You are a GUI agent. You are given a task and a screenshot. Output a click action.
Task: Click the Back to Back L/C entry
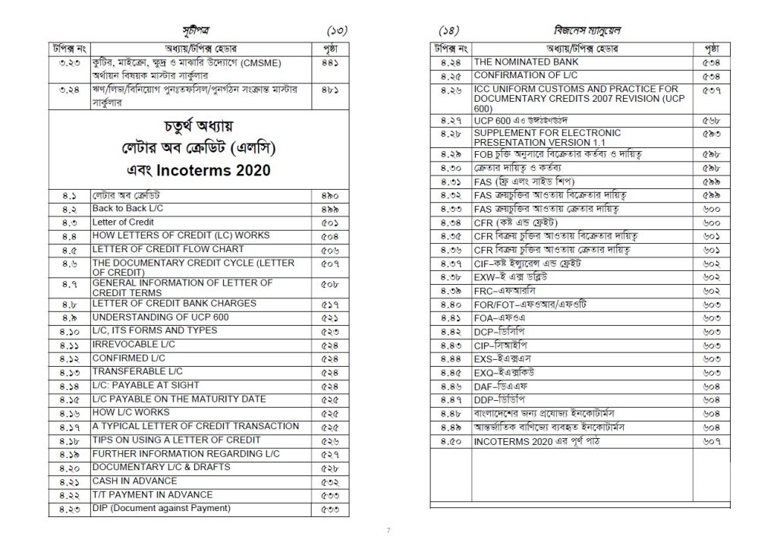[124, 207]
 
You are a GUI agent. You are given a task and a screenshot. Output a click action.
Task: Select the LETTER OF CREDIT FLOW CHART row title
[168, 249]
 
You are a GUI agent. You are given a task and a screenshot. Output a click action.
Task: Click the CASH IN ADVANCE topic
[134, 481]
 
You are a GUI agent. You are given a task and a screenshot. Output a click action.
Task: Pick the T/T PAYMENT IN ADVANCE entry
[153, 494]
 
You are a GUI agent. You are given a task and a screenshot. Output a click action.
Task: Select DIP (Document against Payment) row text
[161, 508]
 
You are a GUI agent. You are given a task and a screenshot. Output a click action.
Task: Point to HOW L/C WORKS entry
[131, 412]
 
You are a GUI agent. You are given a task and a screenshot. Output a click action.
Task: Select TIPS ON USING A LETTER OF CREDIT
[176, 440]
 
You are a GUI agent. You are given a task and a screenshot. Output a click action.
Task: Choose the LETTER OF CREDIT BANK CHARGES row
[174, 303]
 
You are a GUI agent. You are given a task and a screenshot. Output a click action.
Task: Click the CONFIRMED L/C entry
[128, 358]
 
